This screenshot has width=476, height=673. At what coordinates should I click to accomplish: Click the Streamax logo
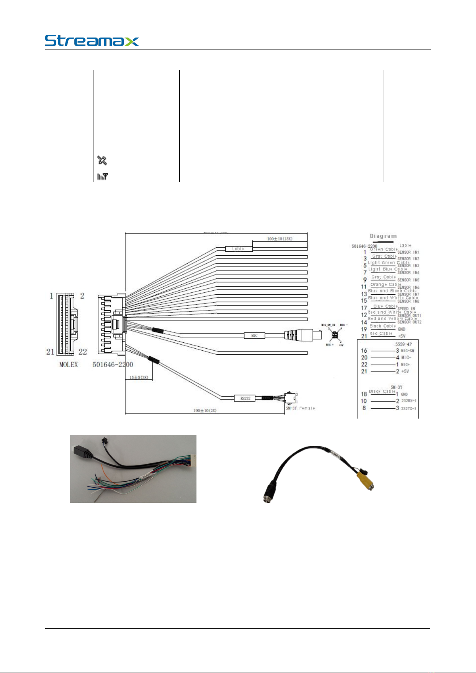point(92,41)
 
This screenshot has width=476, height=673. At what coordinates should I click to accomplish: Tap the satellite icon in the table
point(102,161)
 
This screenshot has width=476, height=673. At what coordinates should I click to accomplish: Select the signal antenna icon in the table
point(102,175)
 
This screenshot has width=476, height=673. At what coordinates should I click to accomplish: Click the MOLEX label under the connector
point(69,365)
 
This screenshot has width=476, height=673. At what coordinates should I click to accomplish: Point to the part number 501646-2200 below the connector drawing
point(113,365)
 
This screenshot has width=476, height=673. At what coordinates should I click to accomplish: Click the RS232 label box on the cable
point(244,398)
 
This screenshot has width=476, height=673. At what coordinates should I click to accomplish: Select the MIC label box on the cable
point(254,336)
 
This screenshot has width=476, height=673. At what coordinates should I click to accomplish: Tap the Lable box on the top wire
point(238,249)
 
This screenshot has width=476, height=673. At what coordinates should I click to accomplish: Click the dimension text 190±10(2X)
point(205,411)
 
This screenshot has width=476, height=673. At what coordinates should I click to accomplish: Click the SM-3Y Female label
point(300,408)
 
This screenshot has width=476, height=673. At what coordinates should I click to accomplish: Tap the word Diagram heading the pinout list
point(383,236)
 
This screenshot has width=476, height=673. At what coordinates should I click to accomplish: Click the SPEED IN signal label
point(406,309)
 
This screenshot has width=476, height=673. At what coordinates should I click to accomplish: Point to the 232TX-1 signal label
point(409,408)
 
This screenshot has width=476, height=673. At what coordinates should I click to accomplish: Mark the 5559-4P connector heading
point(403,344)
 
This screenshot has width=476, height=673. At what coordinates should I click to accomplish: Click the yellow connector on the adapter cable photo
point(364,478)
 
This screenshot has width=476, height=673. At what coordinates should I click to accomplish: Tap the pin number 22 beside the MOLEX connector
point(83,352)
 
